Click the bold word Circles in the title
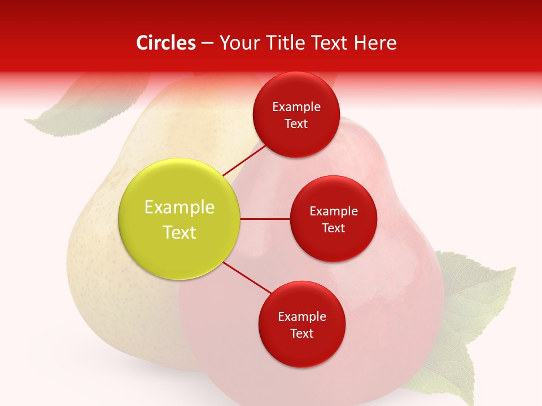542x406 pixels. [x=166, y=43]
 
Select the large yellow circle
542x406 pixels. [x=180, y=219]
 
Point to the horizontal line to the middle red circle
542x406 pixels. [x=265, y=219]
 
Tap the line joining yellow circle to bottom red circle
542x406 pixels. [x=246, y=279]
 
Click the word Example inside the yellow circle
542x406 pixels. [x=180, y=208]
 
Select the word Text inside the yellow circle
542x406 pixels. [x=180, y=232]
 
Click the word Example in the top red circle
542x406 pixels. [x=296, y=107]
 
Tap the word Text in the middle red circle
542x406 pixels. [x=333, y=228]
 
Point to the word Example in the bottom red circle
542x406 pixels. [x=301, y=317]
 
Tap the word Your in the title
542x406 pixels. [x=238, y=43]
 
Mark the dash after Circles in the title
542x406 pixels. [x=207, y=43]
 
